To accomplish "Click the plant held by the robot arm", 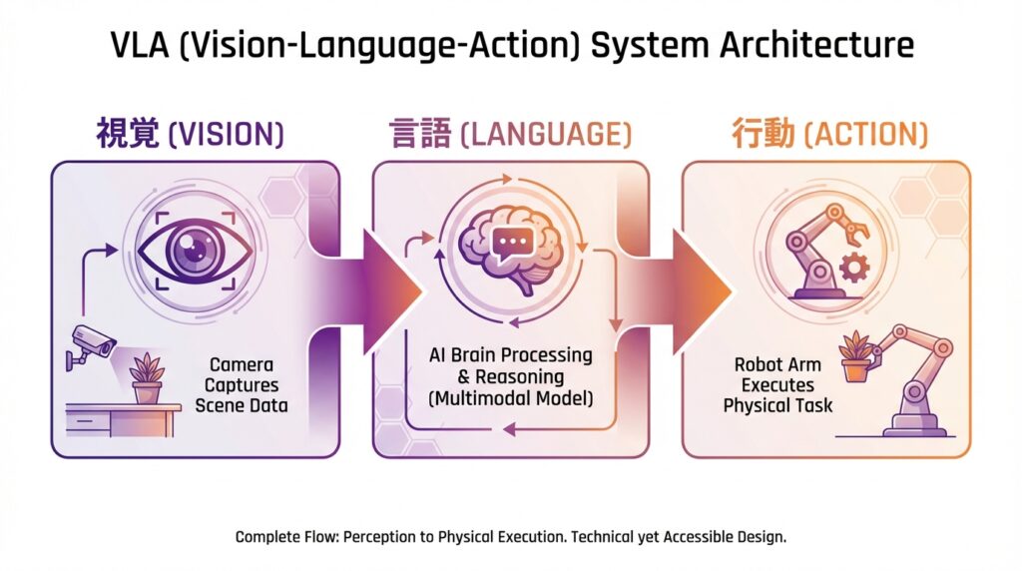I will pyautogui.click(x=855, y=356).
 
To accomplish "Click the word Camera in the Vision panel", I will pyautogui.click(x=241, y=365).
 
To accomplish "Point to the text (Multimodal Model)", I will pyautogui.click(x=512, y=398).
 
